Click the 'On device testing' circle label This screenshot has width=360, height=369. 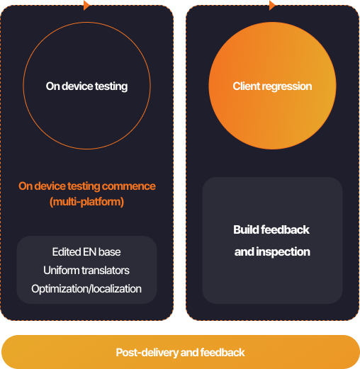click(86, 86)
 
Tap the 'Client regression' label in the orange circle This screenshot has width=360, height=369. click(272, 86)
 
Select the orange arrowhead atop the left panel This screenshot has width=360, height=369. click(86, 5)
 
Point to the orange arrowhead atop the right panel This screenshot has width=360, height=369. click(272, 5)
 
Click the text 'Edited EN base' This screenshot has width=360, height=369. click(86, 252)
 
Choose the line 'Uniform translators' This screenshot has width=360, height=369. click(86, 271)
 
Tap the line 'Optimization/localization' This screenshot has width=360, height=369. click(86, 289)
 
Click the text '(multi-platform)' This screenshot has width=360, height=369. click(86, 202)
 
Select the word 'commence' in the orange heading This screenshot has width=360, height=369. click(129, 186)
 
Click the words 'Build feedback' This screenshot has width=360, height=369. click(271, 229)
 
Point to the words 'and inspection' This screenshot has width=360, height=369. click(272, 252)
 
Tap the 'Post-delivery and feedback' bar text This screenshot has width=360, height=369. click(180, 353)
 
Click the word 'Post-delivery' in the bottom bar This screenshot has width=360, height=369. click(147, 353)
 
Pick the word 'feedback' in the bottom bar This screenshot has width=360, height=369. click(223, 353)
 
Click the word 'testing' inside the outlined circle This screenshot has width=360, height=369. click(111, 86)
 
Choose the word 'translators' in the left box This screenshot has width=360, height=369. click(106, 271)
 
